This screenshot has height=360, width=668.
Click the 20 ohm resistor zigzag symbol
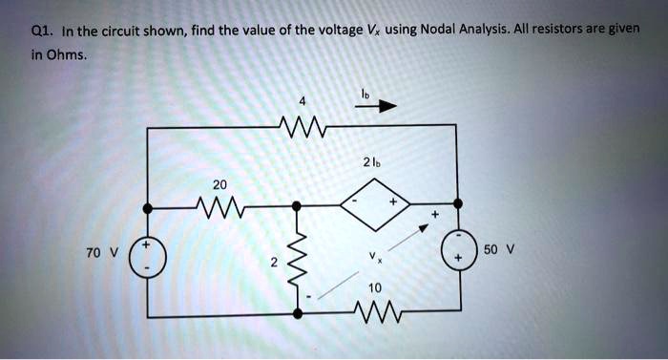tap(221, 204)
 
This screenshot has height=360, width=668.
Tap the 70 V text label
tap(100, 253)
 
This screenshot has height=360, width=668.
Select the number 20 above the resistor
tap(220, 183)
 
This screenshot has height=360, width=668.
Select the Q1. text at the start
tap(41, 29)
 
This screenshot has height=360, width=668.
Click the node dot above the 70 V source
tap(148, 205)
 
